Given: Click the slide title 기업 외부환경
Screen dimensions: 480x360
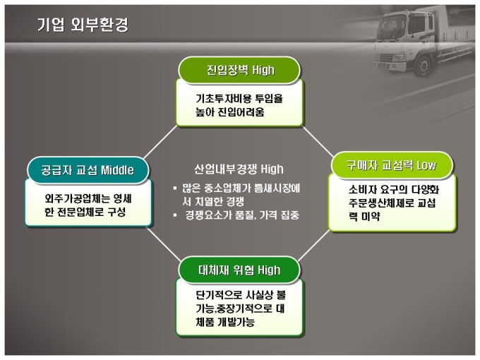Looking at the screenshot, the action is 83,25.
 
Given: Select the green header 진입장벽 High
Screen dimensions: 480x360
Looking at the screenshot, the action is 239,70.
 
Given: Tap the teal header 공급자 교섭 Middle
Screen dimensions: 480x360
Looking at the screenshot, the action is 88,170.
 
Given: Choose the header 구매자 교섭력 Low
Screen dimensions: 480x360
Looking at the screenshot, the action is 392,165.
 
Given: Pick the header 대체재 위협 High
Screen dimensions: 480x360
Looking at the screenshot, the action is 239,270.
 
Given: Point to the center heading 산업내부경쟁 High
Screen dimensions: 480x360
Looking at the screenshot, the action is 239,169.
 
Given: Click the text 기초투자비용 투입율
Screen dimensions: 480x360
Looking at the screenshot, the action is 239,99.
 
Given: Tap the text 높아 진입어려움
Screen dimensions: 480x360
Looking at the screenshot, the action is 230,112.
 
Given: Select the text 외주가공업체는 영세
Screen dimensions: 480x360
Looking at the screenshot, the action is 88,198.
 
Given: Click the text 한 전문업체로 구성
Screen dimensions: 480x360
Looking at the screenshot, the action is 85,212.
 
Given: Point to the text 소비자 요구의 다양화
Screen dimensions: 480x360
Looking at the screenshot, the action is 394,189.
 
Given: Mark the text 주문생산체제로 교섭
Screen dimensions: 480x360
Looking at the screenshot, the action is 392,203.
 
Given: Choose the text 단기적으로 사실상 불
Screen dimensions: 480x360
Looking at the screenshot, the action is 241,295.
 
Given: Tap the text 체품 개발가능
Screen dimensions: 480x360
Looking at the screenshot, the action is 225,322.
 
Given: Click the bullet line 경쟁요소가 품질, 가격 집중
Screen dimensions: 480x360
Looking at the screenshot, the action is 242,215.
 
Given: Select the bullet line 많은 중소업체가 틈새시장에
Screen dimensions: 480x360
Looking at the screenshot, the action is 241,188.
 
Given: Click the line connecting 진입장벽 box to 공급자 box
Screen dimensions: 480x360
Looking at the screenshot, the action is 160,142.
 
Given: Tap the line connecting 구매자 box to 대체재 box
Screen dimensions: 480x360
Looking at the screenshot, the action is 314,245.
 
